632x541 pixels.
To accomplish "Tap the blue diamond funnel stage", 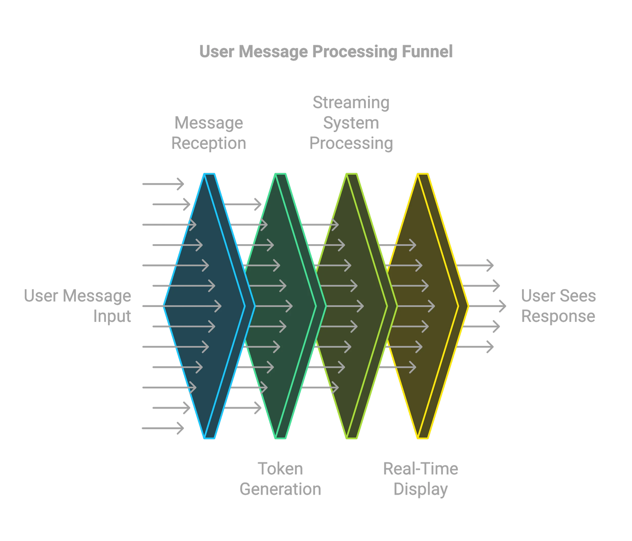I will click(x=204, y=305).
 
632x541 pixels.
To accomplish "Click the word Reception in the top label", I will click(x=209, y=143).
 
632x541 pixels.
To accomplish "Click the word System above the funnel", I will click(x=351, y=123).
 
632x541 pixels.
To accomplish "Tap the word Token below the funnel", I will click(x=280, y=469).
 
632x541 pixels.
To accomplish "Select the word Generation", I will click(x=280, y=489).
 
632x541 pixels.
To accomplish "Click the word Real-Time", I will click(x=421, y=469).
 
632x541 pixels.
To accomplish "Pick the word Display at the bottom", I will click(x=421, y=489).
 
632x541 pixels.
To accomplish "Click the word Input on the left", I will click(x=112, y=316).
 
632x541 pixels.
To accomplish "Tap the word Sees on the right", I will click(x=579, y=296).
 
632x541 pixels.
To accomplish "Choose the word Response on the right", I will click(x=558, y=316).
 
